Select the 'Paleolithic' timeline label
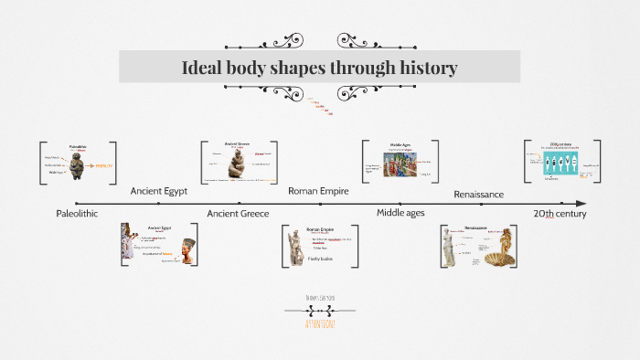pos(77,213)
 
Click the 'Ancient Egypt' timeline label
pos(158,191)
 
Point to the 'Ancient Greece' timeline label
pos(237,213)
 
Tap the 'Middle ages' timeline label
pos(401,213)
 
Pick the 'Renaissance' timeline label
pos(479,194)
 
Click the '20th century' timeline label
pos(560,213)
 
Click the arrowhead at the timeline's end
pos(581,203)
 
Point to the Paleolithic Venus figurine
pos(78,165)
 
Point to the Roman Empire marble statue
pos(296,248)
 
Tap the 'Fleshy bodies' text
pos(320,259)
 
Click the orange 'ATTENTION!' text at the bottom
pos(319,323)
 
